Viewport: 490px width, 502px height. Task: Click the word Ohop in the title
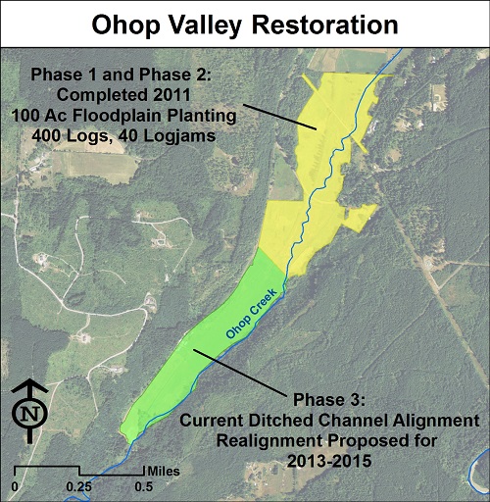pos(125,25)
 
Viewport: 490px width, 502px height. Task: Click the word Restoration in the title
pos(325,25)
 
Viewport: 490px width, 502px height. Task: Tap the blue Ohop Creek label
pos(252,313)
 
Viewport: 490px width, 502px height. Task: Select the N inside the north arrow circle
pos(29,414)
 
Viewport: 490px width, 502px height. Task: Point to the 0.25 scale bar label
pos(79,487)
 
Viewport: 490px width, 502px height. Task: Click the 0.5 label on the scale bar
pos(144,487)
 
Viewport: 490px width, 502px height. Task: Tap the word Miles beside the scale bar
pos(164,472)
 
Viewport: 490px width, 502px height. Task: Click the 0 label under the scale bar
pos(15,487)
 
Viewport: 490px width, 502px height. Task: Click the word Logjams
pos(179,136)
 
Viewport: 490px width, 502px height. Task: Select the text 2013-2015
pos(329,461)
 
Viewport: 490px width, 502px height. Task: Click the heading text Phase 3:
pos(329,400)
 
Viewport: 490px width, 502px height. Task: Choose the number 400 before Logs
pos(46,136)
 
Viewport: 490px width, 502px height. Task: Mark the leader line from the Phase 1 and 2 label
pos(279,117)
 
